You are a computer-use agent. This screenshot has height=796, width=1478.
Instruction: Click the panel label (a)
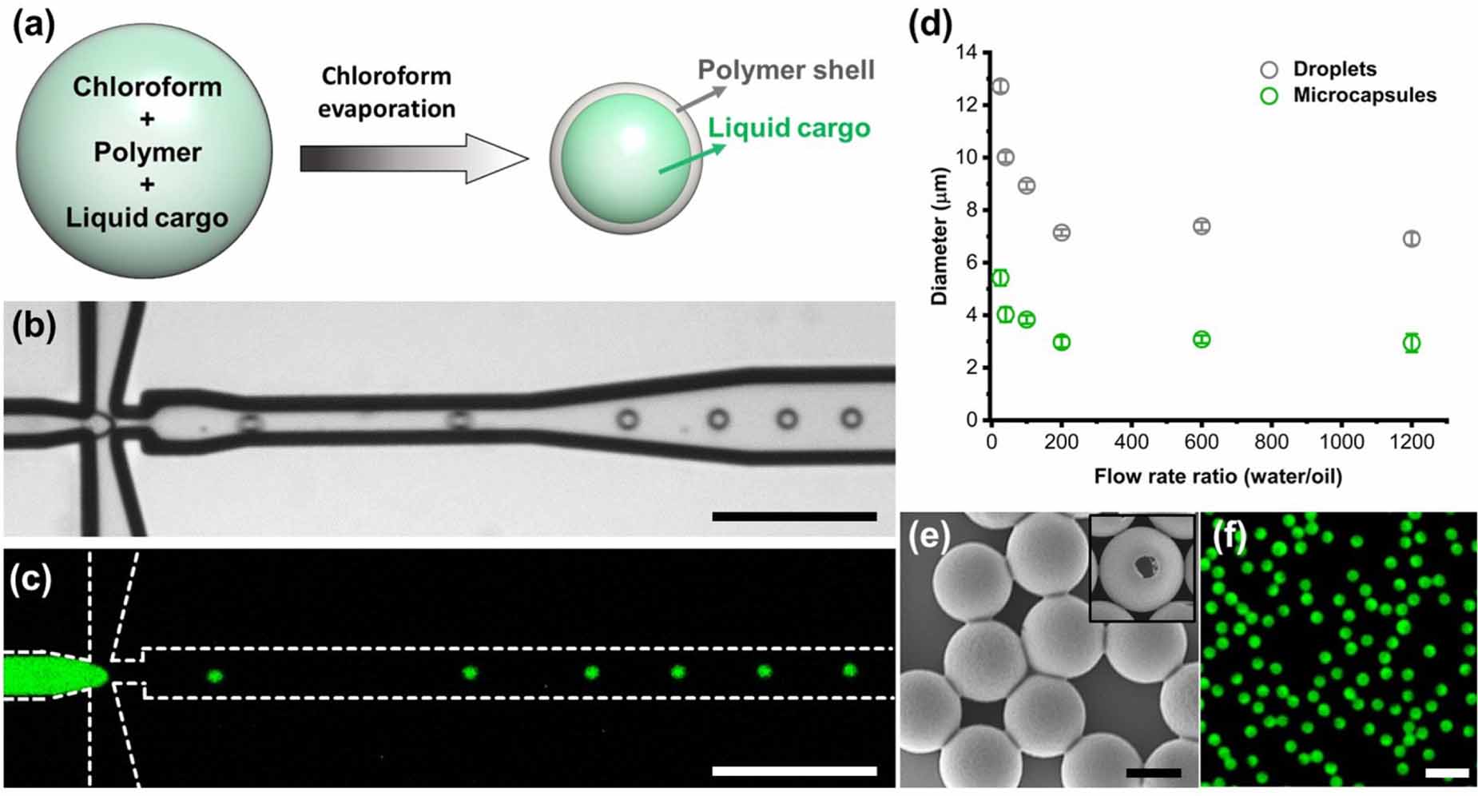pos(34,26)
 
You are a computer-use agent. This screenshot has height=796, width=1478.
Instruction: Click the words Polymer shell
pos(786,70)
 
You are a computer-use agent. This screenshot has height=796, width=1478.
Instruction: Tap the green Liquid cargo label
pos(789,128)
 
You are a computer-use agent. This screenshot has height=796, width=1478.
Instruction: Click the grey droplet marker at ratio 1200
pos(1412,239)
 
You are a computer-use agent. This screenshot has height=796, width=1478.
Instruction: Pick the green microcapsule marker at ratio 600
pos(1202,340)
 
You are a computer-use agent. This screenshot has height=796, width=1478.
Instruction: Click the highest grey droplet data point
pos(1000,86)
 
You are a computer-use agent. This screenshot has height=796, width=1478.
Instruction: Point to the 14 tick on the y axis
pos(968,53)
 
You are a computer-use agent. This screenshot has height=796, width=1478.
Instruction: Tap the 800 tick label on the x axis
pos(1271,442)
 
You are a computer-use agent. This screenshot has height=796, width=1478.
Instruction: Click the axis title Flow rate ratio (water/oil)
pos(1218,477)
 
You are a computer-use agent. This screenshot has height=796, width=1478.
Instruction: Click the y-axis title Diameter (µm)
pos(940,236)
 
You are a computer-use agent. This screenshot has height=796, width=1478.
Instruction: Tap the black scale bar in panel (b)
pos(793,517)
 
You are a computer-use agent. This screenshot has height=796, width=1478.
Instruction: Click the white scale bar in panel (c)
pos(793,770)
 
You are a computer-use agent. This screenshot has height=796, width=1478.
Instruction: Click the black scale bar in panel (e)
pos(1153,773)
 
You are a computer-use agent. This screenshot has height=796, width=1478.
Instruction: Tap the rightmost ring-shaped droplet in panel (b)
pos(852,418)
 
